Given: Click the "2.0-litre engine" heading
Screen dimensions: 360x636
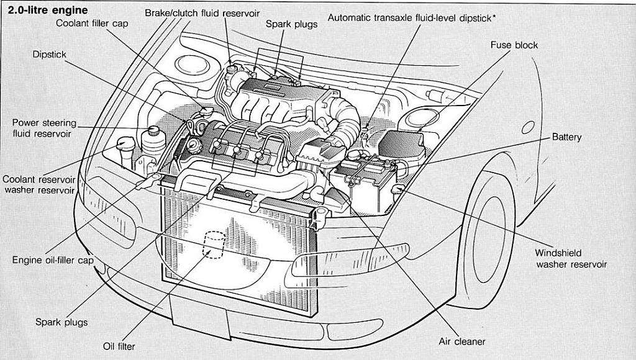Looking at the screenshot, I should point(48,11).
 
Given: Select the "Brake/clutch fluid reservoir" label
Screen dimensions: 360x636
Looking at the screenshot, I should point(202,13).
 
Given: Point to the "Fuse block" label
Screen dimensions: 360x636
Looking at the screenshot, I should point(514,45).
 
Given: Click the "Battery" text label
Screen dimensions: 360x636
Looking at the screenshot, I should point(566,137).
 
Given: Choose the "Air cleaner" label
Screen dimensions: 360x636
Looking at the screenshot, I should point(461,341).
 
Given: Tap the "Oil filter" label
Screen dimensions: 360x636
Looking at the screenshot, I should point(119,346).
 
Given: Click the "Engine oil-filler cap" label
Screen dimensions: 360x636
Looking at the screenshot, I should point(53,260).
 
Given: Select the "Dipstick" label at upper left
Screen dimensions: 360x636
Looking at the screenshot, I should point(50,55).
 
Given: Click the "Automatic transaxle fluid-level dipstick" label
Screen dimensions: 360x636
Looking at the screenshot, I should point(409,18).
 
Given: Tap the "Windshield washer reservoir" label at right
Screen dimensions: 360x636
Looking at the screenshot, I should point(571,259).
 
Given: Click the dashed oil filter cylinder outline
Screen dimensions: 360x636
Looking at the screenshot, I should point(214,245).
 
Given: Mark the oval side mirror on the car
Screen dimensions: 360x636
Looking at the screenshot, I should point(527,127).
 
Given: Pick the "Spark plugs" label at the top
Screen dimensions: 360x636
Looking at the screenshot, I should point(291,24).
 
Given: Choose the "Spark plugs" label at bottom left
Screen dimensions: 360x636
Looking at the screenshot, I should point(61,322).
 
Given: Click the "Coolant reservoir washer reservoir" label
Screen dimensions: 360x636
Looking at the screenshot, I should point(39,184).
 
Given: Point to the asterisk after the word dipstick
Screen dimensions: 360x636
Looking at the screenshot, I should point(494,17).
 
